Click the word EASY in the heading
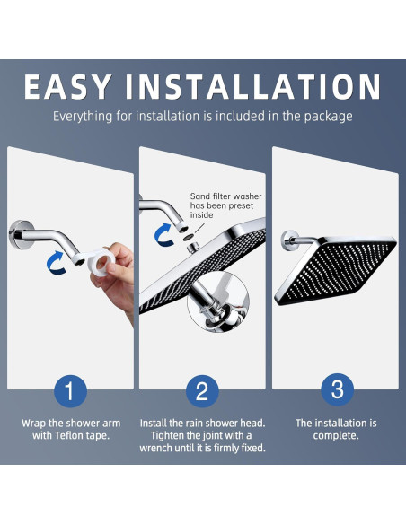68,87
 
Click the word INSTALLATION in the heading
253,87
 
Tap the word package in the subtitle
329,117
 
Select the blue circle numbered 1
71,390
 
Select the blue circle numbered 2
202,390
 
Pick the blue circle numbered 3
337,389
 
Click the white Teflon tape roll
101,262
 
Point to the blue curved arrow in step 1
57,263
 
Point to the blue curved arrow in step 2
164,234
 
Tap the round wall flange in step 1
20,235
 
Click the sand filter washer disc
189,238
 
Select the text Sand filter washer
226,196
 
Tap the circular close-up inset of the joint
218,302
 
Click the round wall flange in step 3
289,240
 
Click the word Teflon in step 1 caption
67,435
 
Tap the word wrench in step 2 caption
155,448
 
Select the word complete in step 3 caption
334,436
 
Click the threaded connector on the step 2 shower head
193,248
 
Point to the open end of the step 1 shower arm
80,262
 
